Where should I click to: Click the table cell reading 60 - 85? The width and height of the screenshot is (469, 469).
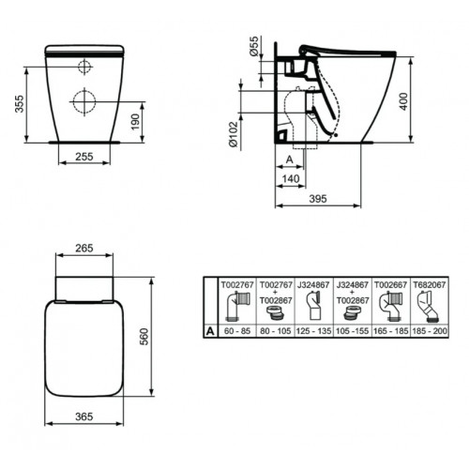[x=234, y=331]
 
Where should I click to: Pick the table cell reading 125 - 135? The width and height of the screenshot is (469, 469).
[x=313, y=331]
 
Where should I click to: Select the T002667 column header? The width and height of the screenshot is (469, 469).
[x=393, y=281]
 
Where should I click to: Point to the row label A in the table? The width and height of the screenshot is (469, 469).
[x=210, y=331]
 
